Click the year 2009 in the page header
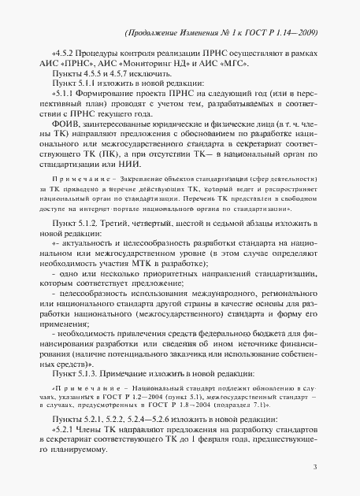tap(305, 32)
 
